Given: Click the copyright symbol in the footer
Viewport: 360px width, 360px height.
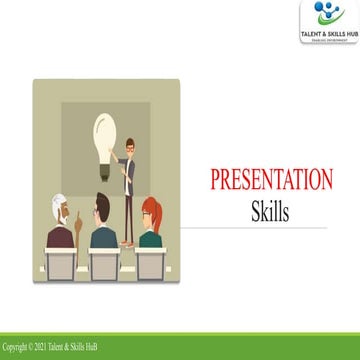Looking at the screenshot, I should [37, 349].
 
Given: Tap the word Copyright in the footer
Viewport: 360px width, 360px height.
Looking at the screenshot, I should [17, 349].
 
